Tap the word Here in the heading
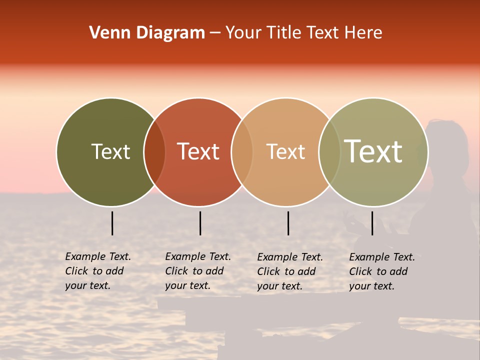tap(363, 33)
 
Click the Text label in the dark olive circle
tap(110, 151)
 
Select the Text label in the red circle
tap(198, 151)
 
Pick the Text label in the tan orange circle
tap(285, 151)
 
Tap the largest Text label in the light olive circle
tap(373, 151)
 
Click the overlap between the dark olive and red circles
tap(154, 152)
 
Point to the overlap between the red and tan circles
tap(242, 152)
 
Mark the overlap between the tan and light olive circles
tap(329, 152)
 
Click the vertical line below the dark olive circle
tap(112, 223)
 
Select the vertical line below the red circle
tap(200, 223)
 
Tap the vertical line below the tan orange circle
tap(288, 223)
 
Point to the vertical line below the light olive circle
tap(372, 223)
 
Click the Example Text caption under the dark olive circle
tap(97, 271)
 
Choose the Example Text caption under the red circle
tap(197, 271)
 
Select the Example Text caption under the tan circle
tap(289, 271)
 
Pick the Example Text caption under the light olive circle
tap(381, 271)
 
